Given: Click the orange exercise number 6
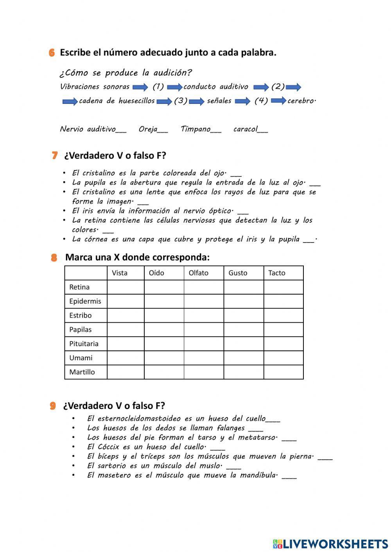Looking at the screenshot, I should (52, 53).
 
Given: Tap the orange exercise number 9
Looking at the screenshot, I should (53, 406).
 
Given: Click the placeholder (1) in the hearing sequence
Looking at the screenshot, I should (158, 87).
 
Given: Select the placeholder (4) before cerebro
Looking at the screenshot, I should (261, 101).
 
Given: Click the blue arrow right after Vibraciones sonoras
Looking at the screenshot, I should (140, 87).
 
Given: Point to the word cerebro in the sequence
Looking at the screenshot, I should (301, 101).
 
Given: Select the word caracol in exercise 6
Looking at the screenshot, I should (246, 129).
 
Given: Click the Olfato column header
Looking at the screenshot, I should (199, 273).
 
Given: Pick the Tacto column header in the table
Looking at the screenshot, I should (277, 273).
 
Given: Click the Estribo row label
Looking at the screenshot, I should (81, 315).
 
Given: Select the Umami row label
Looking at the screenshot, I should (81, 358).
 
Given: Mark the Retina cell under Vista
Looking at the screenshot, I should (126, 287).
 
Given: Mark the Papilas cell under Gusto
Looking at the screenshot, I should (244, 329).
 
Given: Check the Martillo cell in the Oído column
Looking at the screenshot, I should (164, 372).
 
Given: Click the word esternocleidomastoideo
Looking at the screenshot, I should (139, 418).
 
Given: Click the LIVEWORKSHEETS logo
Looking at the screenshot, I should (330, 543).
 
